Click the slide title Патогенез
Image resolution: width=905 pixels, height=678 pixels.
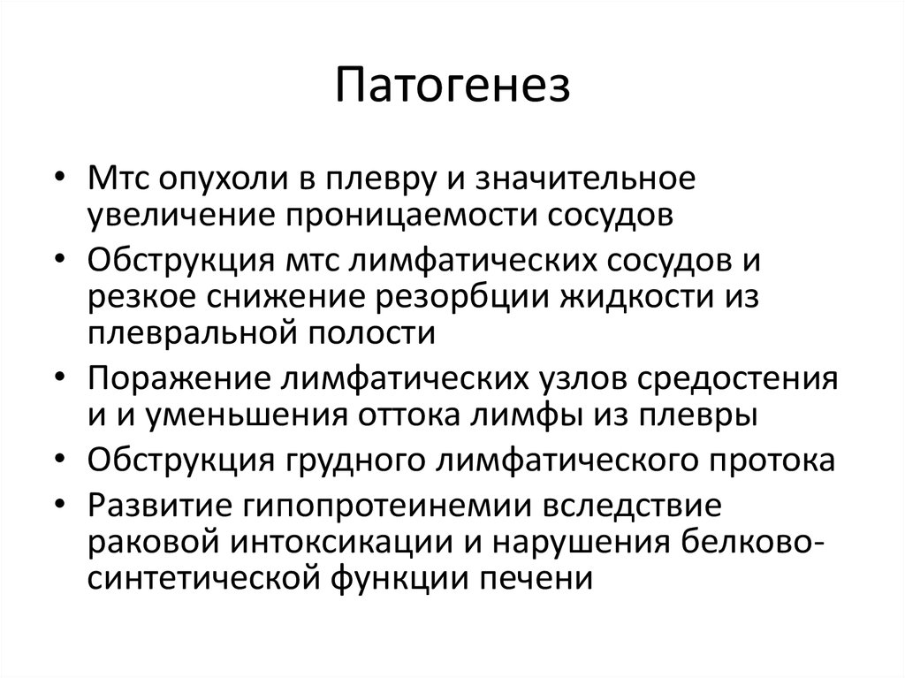click(x=452, y=88)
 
